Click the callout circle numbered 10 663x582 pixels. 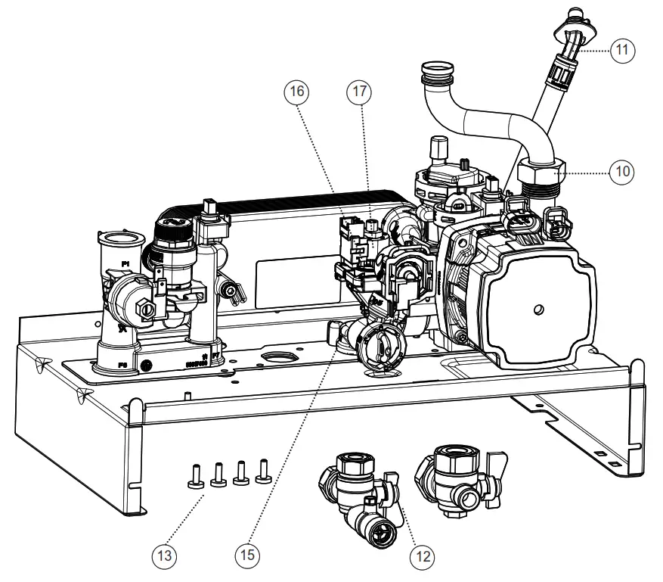622,172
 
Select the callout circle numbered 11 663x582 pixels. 622,51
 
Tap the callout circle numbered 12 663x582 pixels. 423,556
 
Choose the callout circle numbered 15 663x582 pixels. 248,556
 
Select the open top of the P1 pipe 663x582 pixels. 121,240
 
